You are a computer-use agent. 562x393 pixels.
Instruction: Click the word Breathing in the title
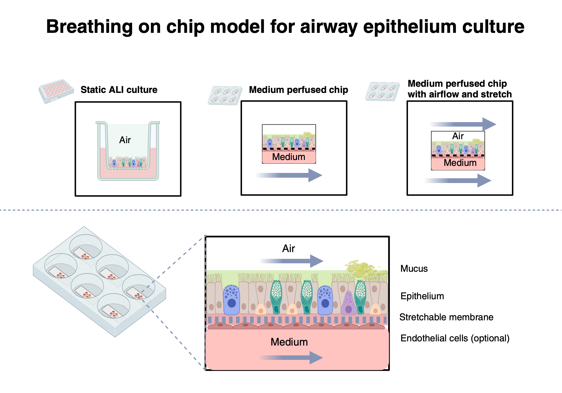coord(89,27)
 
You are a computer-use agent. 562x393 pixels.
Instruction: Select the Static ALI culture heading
coord(119,90)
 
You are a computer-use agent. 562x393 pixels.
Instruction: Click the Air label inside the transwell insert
coord(125,140)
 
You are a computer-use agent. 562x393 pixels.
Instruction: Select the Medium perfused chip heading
coord(298,90)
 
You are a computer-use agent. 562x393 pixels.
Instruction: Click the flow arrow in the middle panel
coord(289,175)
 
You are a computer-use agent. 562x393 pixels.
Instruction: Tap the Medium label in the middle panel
coord(289,157)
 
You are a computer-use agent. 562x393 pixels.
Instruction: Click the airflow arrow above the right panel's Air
coord(463,124)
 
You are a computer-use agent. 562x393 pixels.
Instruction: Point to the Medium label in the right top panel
coord(460,163)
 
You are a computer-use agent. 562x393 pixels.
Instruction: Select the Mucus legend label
coord(414,269)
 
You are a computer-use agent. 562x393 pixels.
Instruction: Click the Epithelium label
coord(422,296)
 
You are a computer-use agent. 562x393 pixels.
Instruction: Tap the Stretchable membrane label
coord(446,317)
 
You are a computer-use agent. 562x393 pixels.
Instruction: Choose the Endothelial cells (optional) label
coord(455,338)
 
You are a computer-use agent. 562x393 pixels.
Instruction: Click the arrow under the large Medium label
coord(291,358)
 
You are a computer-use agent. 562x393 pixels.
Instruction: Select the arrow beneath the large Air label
coord(292,261)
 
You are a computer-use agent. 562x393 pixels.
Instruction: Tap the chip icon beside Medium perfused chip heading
coord(225,95)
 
